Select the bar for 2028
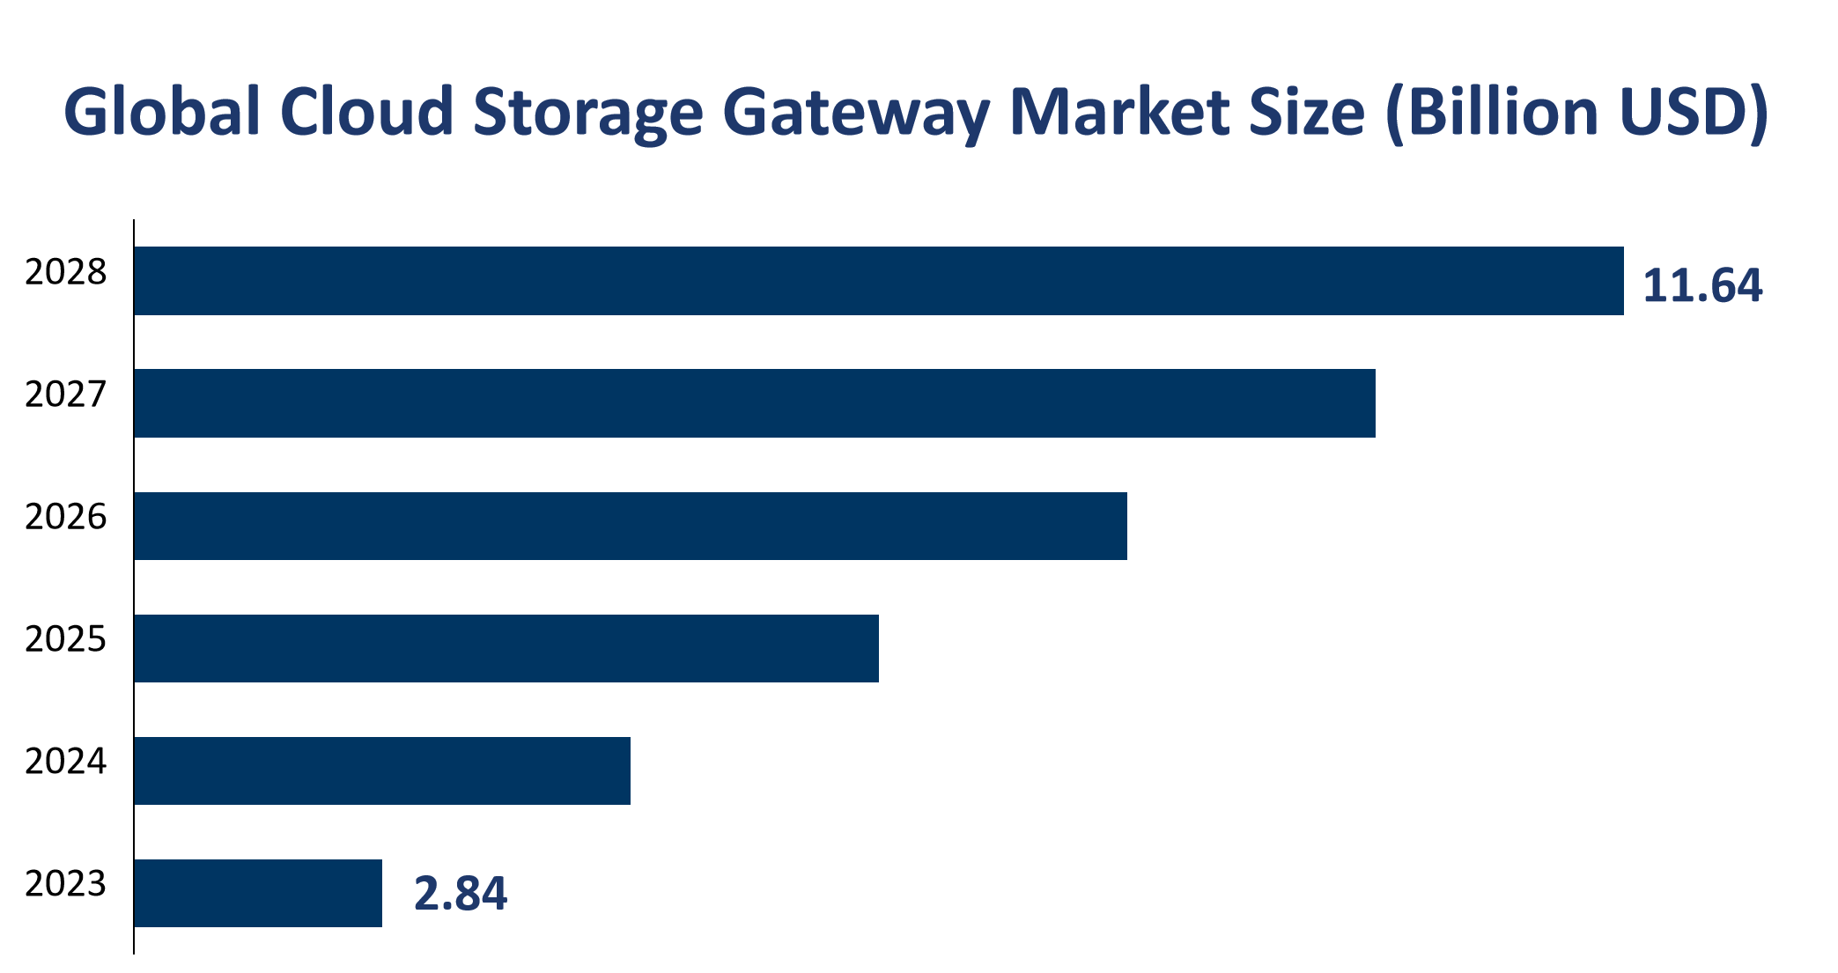[878, 281]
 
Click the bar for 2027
[754, 403]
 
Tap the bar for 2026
[630, 526]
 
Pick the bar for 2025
[506, 648]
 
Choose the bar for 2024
[381, 770]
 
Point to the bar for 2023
[257, 893]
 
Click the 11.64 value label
[1702, 286]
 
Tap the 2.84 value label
[461, 894]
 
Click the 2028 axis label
[65, 273]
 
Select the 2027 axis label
[65, 395]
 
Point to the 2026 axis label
[65, 518]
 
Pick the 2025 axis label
[65, 640]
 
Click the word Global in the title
[162, 113]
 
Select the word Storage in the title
[587, 113]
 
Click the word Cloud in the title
[366, 113]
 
